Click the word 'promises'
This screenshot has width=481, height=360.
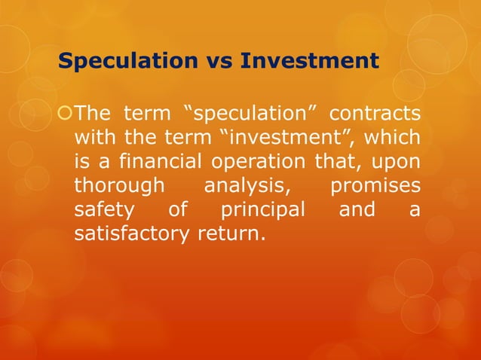point(375,186)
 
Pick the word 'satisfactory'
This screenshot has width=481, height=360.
point(133,233)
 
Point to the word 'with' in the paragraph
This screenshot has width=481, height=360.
point(92,139)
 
